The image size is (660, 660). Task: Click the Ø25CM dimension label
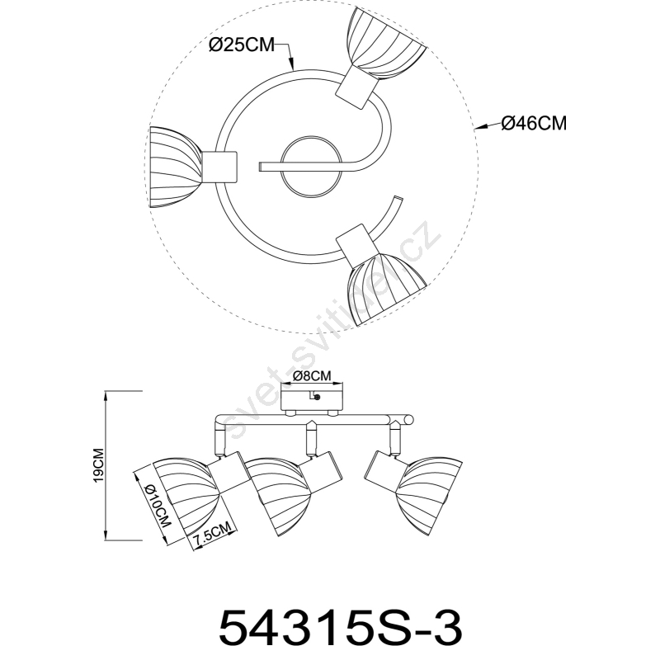[x=242, y=45]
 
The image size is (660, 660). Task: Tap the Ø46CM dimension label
[x=534, y=123]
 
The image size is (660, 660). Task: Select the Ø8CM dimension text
[x=312, y=375]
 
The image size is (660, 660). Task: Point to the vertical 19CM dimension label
[x=98, y=464]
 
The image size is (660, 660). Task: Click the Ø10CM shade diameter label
[x=158, y=506]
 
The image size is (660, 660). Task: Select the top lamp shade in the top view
[x=385, y=45]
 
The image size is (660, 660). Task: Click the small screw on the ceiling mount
[x=318, y=397]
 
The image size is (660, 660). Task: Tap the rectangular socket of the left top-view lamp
[x=219, y=167]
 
